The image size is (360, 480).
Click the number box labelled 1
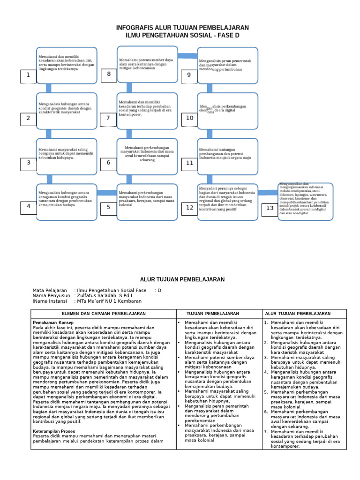coord(28,76)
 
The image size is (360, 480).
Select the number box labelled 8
coord(109,75)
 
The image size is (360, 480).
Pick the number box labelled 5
coord(108,207)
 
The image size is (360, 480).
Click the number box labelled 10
coord(189,119)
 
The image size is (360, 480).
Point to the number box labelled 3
coord(28,164)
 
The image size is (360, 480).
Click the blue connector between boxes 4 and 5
coord(107,192)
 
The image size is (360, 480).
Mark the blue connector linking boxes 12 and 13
coord(268,192)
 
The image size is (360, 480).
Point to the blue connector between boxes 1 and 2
coord(48,88)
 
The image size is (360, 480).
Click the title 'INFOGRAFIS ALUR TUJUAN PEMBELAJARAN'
coord(182,28)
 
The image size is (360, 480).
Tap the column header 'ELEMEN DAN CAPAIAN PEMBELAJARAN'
coord(104,314)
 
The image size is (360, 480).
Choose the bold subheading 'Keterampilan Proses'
coord(54,431)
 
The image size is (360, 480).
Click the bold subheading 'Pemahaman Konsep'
coord(52,323)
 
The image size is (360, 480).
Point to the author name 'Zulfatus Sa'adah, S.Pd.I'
coord(105,296)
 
